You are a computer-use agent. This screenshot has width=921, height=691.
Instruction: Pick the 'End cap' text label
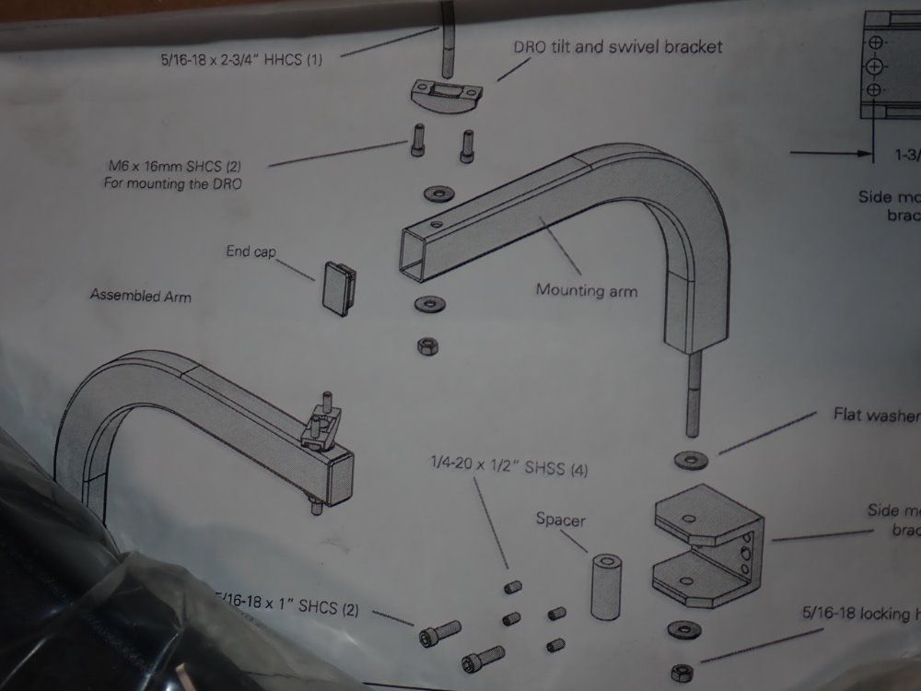coord(251,252)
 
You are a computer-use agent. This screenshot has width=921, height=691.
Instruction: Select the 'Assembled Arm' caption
coord(141,296)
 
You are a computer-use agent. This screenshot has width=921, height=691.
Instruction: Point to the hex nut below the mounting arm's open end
coord(427,345)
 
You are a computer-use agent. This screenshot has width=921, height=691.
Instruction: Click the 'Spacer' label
coord(560,520)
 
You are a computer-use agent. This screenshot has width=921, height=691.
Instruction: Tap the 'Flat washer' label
coord(875,414)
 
